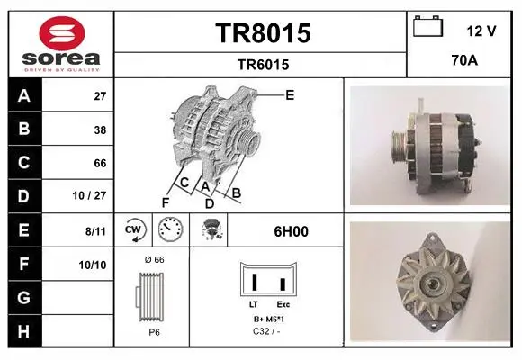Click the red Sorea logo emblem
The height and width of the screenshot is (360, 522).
coord(62,33)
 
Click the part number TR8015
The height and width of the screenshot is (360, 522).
coord(263,33)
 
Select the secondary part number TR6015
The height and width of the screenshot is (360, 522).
coord(263,65)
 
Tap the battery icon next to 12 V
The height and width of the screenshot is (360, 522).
coord(427,26)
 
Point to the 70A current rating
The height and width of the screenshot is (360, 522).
coord(464,60)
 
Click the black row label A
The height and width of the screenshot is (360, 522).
coord(24,95)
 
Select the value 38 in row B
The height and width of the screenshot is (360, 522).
coord(100,130)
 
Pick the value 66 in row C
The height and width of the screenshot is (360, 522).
coord(100,163)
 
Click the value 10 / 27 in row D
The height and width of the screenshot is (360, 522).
coord(89,195)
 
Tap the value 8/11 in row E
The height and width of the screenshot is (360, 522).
coord(95,231)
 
